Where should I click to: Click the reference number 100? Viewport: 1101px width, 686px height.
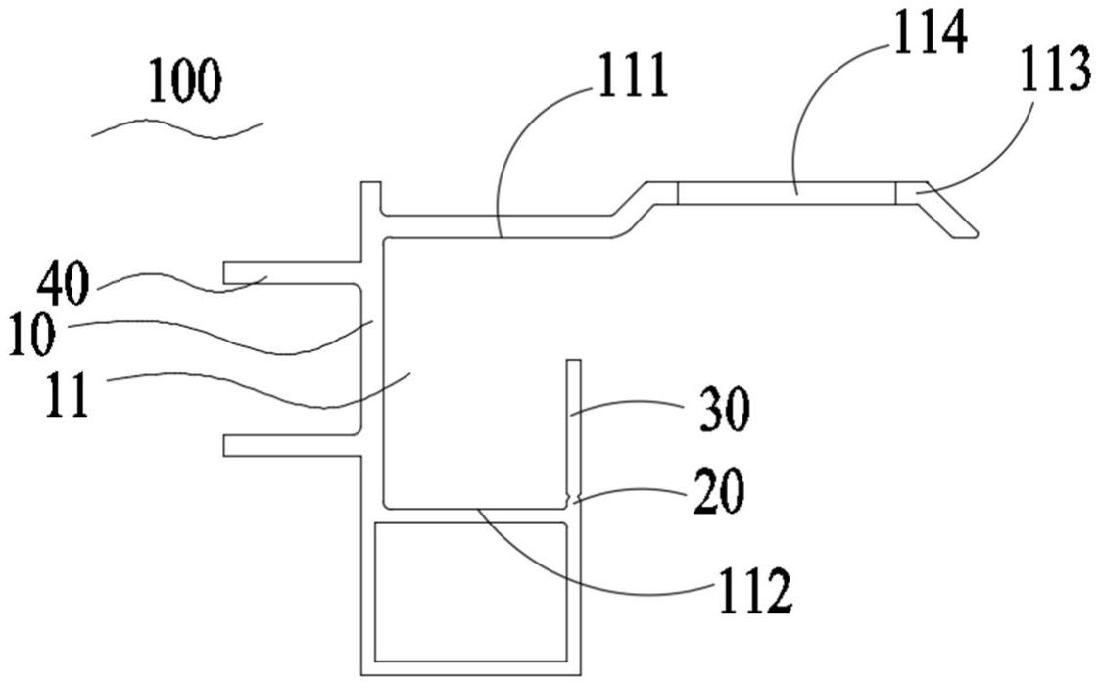coord(185,81)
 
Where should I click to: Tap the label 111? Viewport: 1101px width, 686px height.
coord(633,75)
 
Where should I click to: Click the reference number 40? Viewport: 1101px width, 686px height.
coord(64,283)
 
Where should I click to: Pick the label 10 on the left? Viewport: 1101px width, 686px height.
coord(32,335)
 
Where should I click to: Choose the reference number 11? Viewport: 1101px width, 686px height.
coord(68,395)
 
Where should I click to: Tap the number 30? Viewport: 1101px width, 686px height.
coord(724,410)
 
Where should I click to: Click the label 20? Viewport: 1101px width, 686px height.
coord(719,492)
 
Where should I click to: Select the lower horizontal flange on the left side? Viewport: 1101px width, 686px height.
coord(292,445)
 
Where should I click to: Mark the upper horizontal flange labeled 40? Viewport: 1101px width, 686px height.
coord(292,272)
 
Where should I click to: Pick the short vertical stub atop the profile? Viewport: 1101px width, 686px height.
coord(370,199)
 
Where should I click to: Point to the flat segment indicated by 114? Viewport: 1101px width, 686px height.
coord(787,193)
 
